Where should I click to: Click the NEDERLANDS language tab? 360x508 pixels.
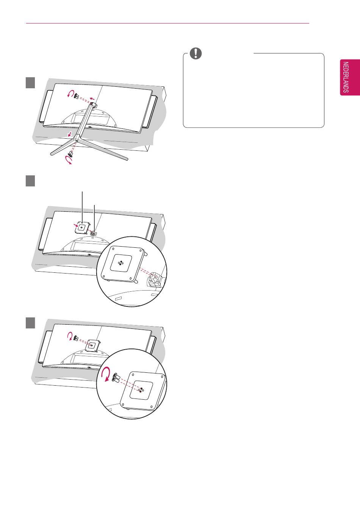pos(350,77)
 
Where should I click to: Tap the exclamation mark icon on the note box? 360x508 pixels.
pos(196,53)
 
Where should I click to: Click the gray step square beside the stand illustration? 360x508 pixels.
pos(30,83)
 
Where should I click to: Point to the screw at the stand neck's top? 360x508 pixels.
pos(76,96)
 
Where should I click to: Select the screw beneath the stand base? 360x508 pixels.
pos(71,155)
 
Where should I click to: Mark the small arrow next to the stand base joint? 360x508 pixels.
pos(70,134)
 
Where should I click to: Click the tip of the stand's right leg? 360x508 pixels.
pos(127,159)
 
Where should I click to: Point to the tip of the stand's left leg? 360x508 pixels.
pos(51,154)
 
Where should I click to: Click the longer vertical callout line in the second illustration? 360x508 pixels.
pos(82,207)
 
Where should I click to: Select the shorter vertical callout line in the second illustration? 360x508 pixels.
pos(94,218)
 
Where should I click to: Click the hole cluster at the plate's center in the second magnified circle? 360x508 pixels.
pos(121,263)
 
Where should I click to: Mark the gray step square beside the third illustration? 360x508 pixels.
pos(30,323)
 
